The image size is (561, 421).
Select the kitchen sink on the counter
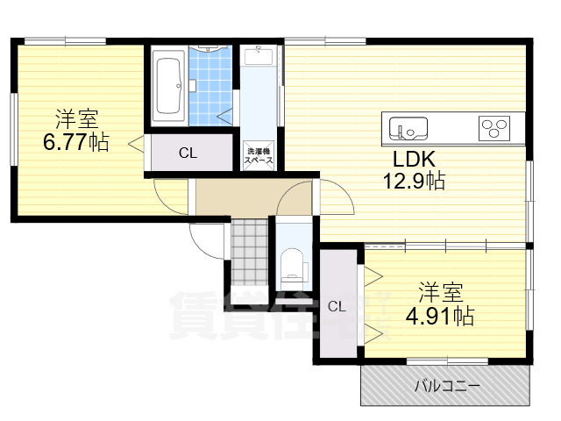point(408,128)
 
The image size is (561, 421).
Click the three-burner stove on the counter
point(494,128)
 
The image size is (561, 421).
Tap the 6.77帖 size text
point(76,142)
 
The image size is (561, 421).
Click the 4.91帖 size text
point(440,316)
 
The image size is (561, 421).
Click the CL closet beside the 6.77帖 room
point(188,153)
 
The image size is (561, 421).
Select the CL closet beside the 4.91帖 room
point(337,306)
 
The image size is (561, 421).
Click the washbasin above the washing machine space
point(259,58)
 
